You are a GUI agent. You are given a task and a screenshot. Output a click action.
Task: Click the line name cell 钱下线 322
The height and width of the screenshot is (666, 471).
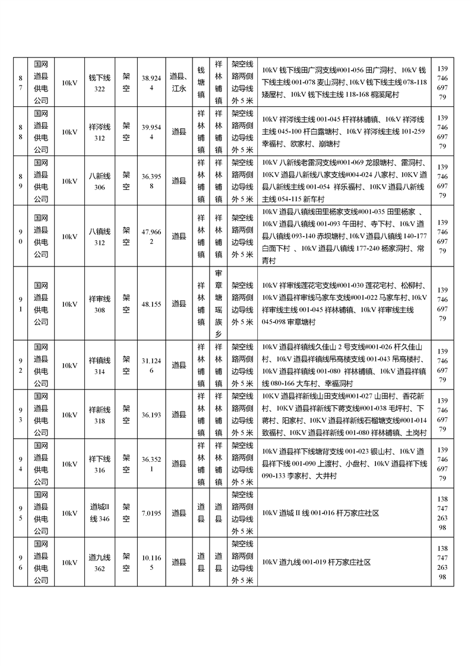coord(99,83)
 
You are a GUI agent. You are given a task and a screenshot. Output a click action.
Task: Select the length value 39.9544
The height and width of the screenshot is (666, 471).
coord(151,132)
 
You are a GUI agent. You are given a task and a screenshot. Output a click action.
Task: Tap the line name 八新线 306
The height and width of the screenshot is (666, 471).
coord(99,181)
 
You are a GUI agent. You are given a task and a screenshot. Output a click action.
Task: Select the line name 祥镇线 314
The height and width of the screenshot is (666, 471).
coord(99,365)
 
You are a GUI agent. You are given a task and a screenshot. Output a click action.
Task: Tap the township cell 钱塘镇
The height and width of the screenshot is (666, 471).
coord(201,83)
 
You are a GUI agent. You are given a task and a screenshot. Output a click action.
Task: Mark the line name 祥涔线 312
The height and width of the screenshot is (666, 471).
coord(99,132)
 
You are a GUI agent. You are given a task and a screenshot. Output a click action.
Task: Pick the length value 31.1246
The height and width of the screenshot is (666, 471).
coord(151,365)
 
